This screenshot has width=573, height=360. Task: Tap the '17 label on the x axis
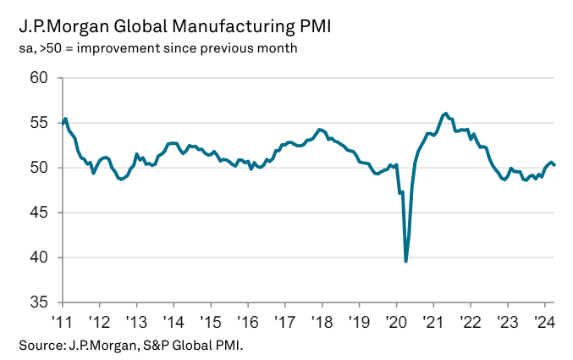[x=284, y=322]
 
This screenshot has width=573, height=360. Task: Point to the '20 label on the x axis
[x=395, y=322]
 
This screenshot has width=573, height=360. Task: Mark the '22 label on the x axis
[x=470, y=322]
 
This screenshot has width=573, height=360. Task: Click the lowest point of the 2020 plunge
[x=406, y=261]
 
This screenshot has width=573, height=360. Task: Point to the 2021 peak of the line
[x=445, y=113]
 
